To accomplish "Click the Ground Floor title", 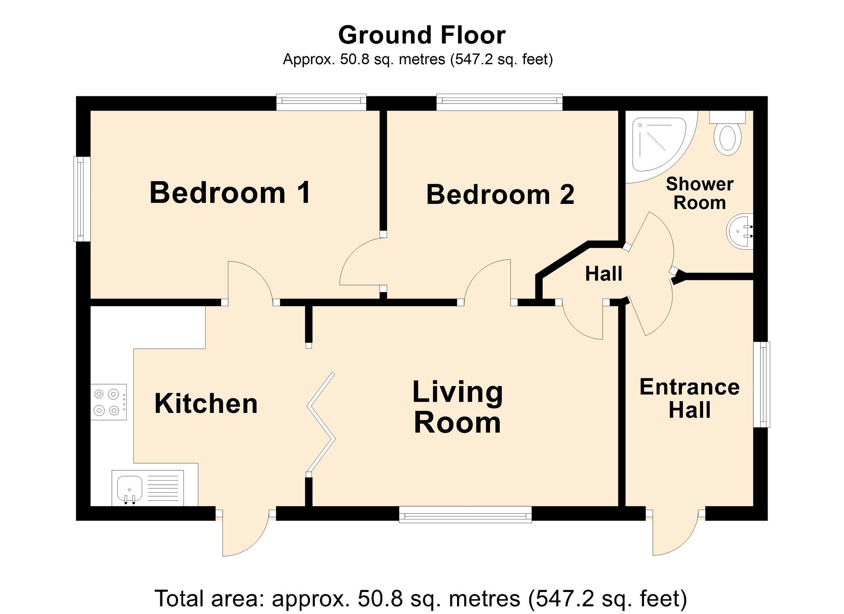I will point(422,35).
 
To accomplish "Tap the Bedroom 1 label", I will point(230,193).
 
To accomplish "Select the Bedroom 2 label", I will point(500,195).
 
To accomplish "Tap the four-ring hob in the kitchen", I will point(108,402).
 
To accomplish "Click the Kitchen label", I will point(206,403).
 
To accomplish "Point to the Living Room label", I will point(457,407).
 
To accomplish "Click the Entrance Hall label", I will point(690,398).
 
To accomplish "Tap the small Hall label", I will point(603,274).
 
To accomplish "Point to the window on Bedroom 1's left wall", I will point(82,199).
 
